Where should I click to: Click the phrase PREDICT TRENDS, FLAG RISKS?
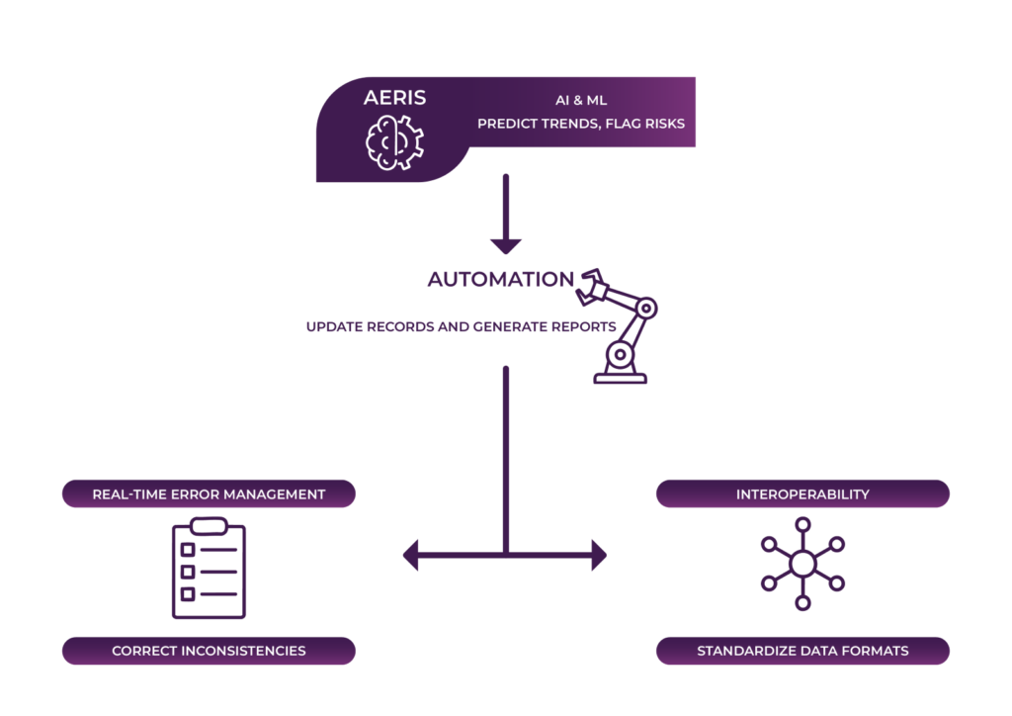[581, 125]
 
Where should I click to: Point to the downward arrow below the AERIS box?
[506, 218]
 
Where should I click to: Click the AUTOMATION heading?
[500, 280]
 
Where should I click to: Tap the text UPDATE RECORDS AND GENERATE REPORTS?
[462, 326]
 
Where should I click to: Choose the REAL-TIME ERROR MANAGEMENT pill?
[209, 493]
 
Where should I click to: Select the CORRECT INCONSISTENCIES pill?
[209, 651]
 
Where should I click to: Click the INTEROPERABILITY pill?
[802, 493]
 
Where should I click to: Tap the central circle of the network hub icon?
[802, 564]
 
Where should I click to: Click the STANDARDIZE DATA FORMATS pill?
[802, 651]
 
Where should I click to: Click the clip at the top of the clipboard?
[209, 524]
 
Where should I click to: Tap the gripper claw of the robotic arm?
[594, 283]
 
